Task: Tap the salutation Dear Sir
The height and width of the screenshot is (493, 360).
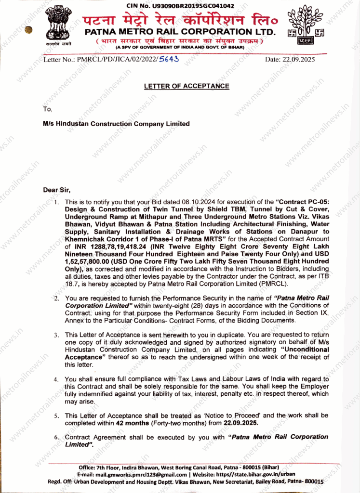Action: pos(57,190)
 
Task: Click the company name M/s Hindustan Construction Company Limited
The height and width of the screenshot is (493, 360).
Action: pos(116,124)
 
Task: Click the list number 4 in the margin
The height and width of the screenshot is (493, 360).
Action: pos(56,379)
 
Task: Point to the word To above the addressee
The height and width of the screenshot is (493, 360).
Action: pos(47,109)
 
